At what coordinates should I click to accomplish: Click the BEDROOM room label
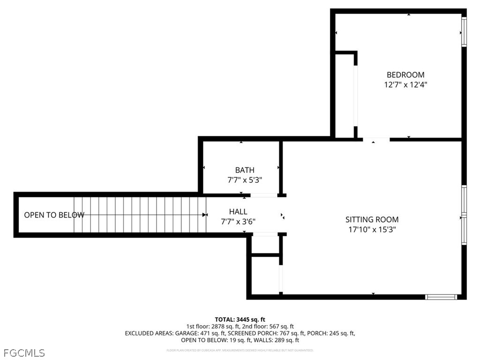click(x=405, y=75)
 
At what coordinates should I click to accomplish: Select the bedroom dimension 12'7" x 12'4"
click(x=405, y=85)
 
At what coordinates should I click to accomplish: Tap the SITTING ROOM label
click(x=372, y=219)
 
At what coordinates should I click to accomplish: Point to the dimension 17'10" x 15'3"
click(x=372, y=230)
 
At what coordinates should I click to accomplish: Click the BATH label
click(x=245, y=170)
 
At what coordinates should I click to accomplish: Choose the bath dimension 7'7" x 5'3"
click(x=245, y=180)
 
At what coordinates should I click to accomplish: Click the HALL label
click(x=238, y=212)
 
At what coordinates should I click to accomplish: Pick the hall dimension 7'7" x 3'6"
click(x=238, y=222)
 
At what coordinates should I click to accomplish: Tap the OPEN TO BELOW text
click(x=54, y=215)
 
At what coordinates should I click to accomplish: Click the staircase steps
click(x=141, y=215)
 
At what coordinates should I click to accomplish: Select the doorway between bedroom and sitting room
click(x=376, y=139)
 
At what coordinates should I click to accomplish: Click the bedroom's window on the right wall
click(x=464, y=32)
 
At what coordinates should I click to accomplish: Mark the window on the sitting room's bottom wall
click(x=441, y=297)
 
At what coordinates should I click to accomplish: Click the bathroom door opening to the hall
click(x=263, y=195)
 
